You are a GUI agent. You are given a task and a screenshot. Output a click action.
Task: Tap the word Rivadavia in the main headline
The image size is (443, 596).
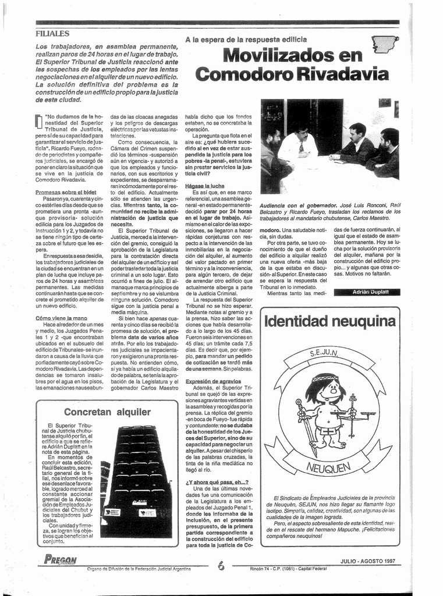[x=343, y=74]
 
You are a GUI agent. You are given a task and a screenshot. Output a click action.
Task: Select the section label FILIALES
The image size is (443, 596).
[x=52, y=34]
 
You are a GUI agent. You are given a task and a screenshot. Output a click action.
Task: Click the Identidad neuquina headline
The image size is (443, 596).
[x=329, y=321]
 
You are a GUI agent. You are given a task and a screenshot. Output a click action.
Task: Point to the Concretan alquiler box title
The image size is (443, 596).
[x=107, y=412]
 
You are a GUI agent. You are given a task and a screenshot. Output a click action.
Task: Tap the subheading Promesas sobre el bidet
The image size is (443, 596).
[x=65, y=192]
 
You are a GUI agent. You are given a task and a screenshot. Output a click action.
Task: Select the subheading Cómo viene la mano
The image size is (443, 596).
[x=61, y=318]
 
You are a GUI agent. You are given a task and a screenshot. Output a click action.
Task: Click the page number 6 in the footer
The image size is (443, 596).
[x=221, y=565]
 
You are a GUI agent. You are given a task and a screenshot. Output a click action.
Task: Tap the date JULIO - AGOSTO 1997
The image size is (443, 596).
[x=368, y=561]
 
